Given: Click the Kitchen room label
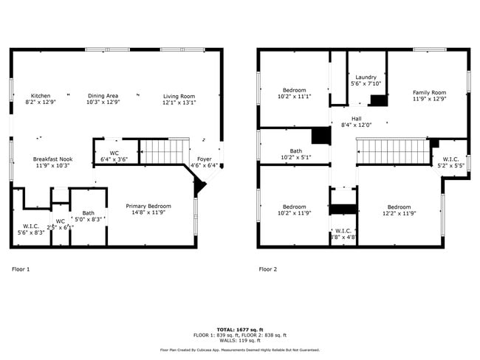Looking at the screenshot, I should pyautogui.click(x=41, y=96).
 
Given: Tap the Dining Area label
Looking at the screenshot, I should pyautogui.click(x=103, y=96).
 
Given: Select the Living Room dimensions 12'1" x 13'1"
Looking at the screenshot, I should pyautogui.click(x=179, y=103).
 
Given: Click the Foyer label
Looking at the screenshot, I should pyautogui.click(x=204, y=159).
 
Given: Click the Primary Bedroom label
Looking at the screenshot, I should pyautogui.click(x=148, y=207).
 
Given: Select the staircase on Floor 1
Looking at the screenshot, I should pyautogui.click(x=161, y=153).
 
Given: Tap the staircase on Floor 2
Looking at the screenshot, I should pyautogui.click(x=393, y=152).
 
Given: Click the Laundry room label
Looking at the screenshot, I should pyautogui.click(x=366, y=77).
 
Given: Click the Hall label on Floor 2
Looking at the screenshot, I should pyautogui.click(x=356, y=118).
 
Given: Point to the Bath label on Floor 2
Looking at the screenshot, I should pyautogui.click(x=295, y=150).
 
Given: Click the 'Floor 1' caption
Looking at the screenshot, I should pyautogui.click(x=21, y=269).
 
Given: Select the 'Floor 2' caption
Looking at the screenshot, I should pyautogui.click(x=268, y=269).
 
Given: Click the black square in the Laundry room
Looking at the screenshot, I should pyautogui.click(x=379, y=101).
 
